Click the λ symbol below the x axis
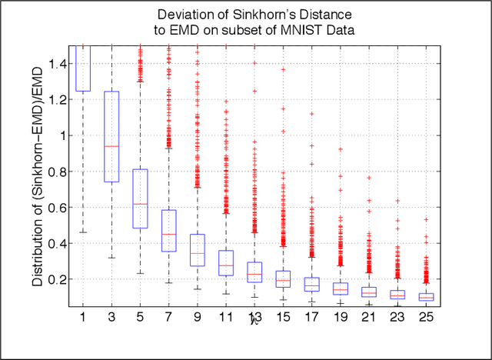(252, 321)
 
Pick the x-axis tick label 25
(425, 316)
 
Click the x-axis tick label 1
(79, 316)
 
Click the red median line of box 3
(111, 146)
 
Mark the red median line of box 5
(140, 204)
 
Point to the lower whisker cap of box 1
(83, 232)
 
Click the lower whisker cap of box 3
(111, 257)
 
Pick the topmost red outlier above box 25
(426, 219)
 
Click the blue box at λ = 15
(283, 278)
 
